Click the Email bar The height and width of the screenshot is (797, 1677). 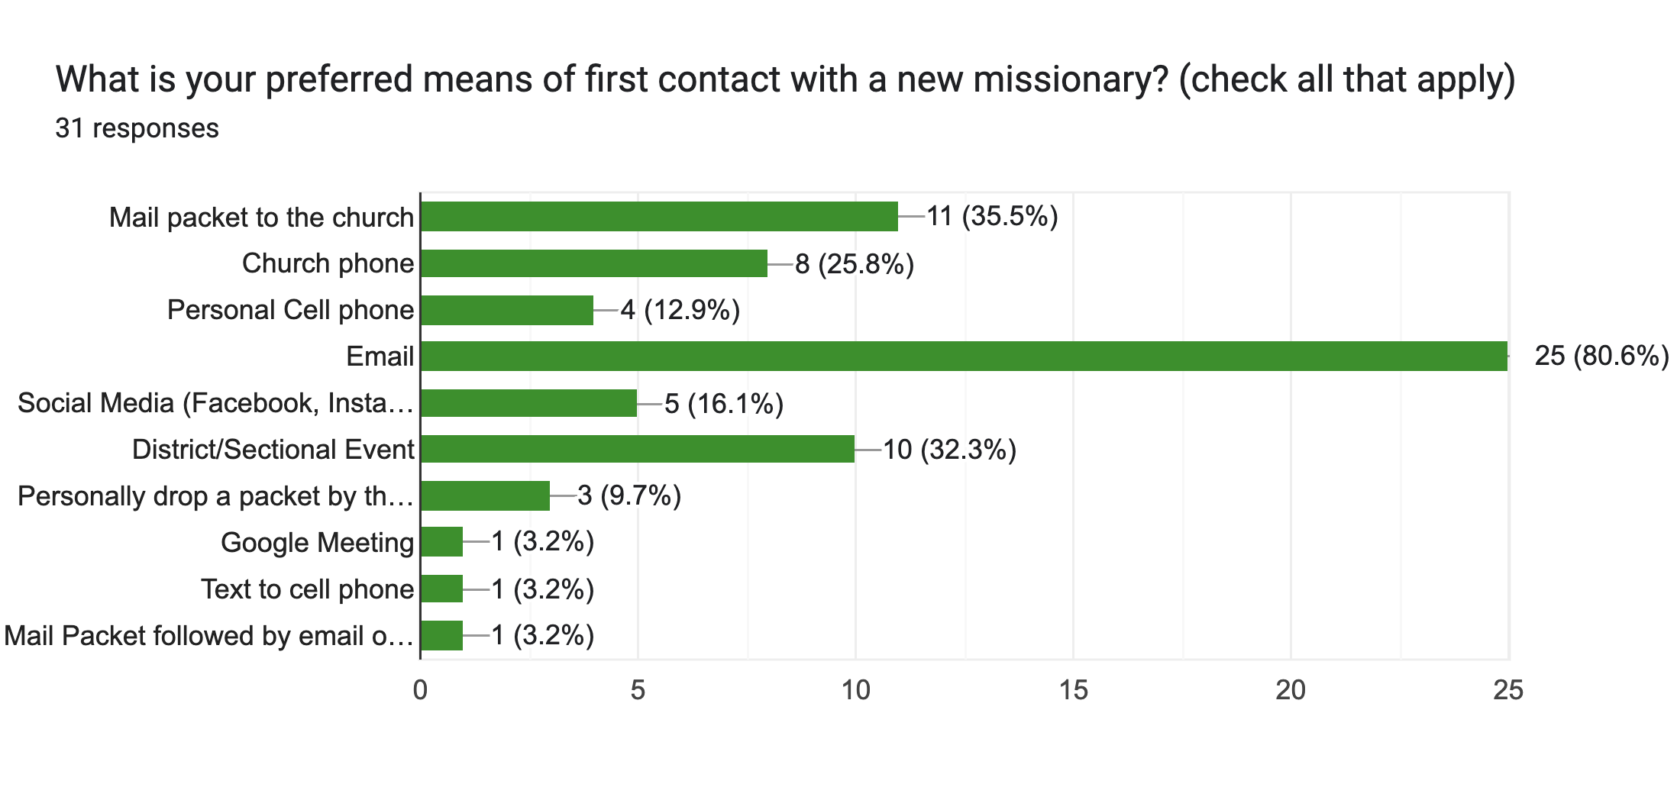click(x=964, y=357)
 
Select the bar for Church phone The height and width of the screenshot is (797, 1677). click(x=593, y=263)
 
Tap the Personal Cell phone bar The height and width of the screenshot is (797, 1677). click(x=506, y=310)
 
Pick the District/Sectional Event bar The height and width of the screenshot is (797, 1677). click(x=637, y=449)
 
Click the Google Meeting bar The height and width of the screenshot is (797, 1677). click(x=441, y=542)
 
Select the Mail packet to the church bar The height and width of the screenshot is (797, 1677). click(x=659, y=217)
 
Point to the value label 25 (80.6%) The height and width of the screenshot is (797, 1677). click(x=1601, y=356)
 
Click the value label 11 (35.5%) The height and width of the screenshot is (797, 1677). click(x=992, y=217)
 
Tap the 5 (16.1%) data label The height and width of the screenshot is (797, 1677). click(x=724, y=403)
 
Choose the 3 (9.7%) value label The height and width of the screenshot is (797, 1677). click(x=629, y=496)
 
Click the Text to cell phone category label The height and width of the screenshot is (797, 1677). click(x=307, y=589)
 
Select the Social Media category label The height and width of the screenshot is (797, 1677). click(x=215, y=403)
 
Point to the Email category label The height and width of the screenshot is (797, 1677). click(x=380, y=357)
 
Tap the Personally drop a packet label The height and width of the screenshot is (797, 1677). click(x=215, y=496)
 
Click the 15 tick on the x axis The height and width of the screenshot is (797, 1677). click(x=1073, y=690)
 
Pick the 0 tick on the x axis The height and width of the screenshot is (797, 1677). click(x=420, y=690)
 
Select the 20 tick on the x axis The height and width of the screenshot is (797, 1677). click(x=1291, y=690)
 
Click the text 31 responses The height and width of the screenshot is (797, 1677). click(x=137, y=128)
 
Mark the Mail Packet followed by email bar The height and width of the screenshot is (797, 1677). click(x=441, y=635)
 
